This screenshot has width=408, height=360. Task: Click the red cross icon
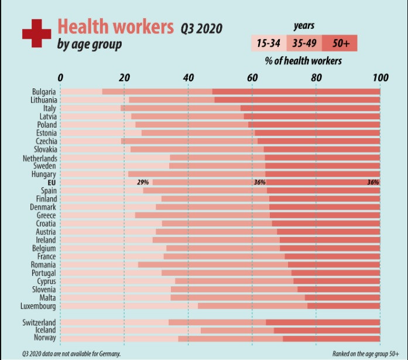pos(37,33)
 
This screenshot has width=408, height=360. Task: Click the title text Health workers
pos(115,26)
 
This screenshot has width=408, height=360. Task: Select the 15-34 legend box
pos(268,43)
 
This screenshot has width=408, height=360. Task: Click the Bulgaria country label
pos(44,92)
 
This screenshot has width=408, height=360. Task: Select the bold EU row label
pos(51,182)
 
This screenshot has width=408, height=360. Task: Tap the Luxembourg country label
pos(38,306)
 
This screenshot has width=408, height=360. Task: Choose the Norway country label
pos(44,338)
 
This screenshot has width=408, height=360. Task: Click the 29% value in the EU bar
pos(142,182)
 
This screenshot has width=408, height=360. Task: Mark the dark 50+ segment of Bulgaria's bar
pos(296,92)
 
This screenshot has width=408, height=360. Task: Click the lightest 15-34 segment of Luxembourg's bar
pos(129,306)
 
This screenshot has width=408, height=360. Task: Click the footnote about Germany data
pos(71,354)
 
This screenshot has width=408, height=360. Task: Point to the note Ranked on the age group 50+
pos(361,354)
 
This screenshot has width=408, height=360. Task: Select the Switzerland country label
pos(40,323)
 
